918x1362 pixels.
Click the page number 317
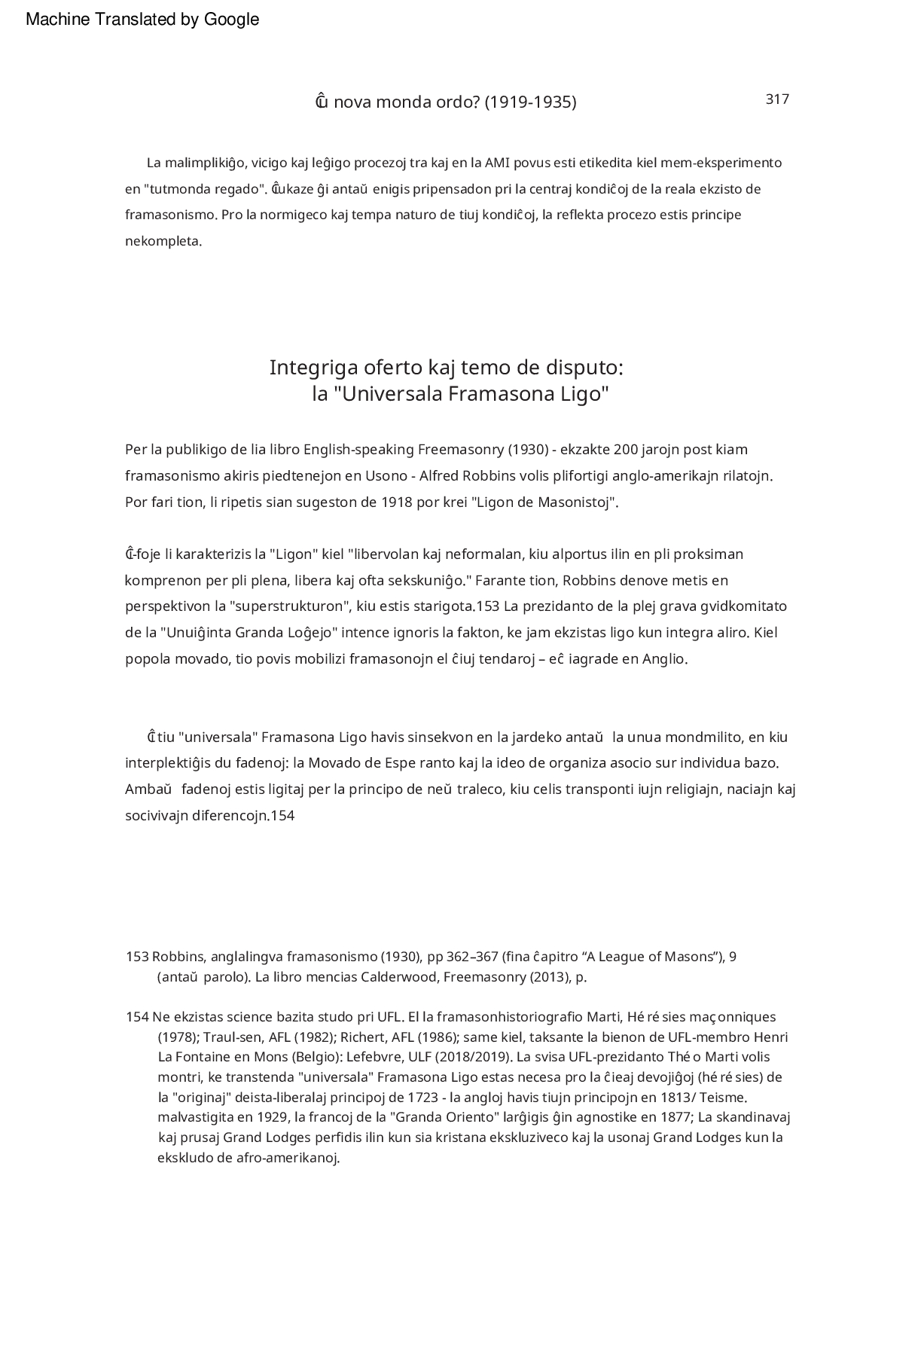[x=777, y=99]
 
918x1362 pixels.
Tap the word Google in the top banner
[x=231, y=20]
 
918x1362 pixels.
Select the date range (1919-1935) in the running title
[x=530, y=102]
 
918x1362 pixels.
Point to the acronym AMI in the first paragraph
[x=497, y=163]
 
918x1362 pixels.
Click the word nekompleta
[x=163, y=242]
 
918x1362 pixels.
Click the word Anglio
[x=664, y=659]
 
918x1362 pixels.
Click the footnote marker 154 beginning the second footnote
[x=136, y=1018]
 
